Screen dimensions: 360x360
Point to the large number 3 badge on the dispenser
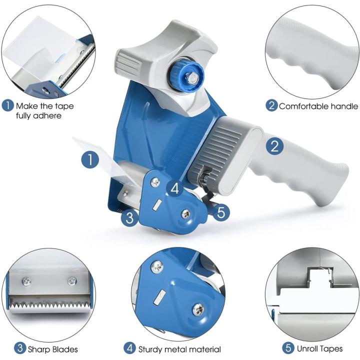click(x=129, y=217)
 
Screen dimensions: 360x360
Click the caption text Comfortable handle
click(x=318, y=106)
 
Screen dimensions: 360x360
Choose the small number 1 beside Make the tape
click(x=8, y=105)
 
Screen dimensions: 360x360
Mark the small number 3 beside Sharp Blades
click(x=8, y=348)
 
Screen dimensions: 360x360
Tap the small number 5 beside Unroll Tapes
click(x=288, y=348)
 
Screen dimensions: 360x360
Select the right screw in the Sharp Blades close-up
click(x=72, y=280)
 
